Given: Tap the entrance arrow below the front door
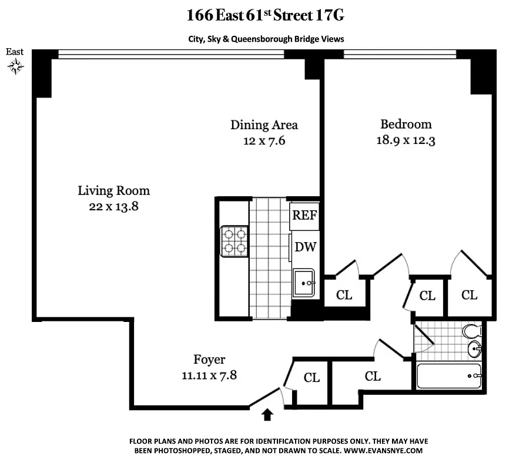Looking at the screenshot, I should click(267, 415).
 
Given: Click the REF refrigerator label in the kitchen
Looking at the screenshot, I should click(304, 215).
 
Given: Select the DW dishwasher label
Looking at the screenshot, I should click(305, 247).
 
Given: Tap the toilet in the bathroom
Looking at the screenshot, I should click(473, 332).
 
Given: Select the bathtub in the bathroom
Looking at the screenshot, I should click(449, 376).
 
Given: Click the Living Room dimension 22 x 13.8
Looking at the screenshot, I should click(114, 206).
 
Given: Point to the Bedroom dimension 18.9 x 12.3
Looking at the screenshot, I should click(406, 140).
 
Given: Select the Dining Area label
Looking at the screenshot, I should click(264, 125).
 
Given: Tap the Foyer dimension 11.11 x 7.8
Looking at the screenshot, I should click(209, 375).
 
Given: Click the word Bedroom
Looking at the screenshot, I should click(406, 124).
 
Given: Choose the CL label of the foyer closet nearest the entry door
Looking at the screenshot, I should click(311, 378).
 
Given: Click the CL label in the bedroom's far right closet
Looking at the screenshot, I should click(469, 295).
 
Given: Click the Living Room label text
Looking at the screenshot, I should click(114, 190).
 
